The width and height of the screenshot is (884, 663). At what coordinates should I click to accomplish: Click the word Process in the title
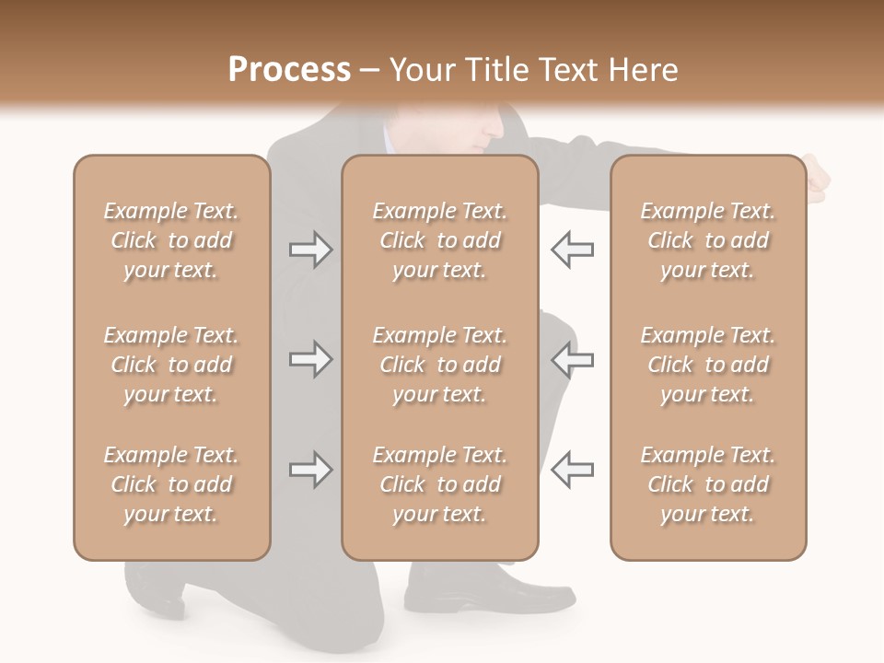pos(289,70)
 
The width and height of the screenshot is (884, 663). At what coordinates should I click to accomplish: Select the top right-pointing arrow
pos(310,250)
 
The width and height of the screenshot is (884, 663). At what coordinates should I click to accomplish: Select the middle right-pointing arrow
pos(310,359)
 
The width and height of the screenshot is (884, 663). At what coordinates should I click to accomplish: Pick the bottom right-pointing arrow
pos(310,471)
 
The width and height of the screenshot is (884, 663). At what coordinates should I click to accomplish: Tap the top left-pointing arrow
pos(572,250)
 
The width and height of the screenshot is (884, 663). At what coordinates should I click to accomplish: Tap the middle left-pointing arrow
pos(572,359)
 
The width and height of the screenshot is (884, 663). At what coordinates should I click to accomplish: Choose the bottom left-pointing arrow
pos(572,471)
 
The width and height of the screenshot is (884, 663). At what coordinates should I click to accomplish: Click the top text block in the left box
pos(171,240)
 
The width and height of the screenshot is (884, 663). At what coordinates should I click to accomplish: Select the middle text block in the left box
pos(171,365)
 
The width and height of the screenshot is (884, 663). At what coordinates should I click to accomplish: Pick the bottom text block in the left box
pos(171,484)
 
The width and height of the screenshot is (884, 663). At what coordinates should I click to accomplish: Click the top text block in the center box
pos(439,240)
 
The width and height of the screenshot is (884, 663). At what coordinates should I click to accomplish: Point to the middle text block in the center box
pos(439,365)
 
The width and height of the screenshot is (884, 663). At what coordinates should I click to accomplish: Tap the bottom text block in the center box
pos(439,484)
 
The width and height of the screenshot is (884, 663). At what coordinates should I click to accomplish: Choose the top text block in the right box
pos(707,240)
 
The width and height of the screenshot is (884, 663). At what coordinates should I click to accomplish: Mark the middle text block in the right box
pos(707,365)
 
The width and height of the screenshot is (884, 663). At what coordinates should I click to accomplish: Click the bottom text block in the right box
pos(707,484)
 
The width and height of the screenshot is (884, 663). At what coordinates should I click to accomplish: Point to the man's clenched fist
pos(818,179)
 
